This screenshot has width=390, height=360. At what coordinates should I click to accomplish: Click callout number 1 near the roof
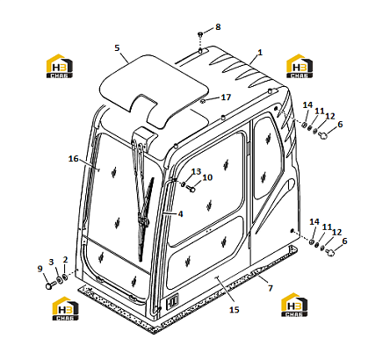[x=260, y=53]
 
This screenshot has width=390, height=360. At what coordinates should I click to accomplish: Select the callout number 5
[x=117, y=47]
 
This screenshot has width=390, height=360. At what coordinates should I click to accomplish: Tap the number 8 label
[x=218, y=27]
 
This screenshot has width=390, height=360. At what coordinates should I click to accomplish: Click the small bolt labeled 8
[x=200, y=34]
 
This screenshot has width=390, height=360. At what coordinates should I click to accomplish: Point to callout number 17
[x=226, y=97]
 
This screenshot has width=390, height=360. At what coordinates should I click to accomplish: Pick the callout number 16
[x=74, y=159]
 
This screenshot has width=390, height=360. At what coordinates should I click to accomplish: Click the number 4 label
[x=180, y=214]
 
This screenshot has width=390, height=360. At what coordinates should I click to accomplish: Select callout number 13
[x=197, y=171]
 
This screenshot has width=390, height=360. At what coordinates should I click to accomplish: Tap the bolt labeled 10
[x=191, y=189]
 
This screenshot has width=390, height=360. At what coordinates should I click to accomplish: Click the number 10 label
[x=207, y=177]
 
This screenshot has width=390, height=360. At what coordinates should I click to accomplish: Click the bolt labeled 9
[x=49, y=285]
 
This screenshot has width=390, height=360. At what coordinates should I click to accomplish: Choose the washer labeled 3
[x=59, y=279]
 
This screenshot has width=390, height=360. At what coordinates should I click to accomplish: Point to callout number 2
[x=65, y=260]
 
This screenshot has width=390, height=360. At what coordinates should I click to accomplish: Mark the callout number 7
[x=271, y=288]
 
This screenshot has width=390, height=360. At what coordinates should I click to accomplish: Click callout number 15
[x=235, y=310]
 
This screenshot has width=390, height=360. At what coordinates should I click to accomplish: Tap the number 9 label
[x=40, y=269]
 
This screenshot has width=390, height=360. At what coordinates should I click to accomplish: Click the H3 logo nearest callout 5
[x=60, y=66]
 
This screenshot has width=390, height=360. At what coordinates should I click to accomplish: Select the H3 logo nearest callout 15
[x=294, y=305]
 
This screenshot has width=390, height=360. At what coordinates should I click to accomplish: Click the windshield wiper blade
[x=146, y=220]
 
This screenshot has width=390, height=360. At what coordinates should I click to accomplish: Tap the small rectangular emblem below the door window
[x=172, y=300]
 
